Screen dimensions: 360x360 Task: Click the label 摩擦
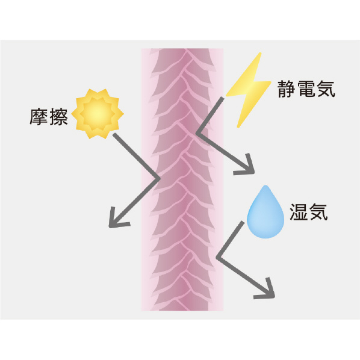pos(49,117)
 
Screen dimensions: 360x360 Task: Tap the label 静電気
pos(306,89)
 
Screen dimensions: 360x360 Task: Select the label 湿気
pos(308,212)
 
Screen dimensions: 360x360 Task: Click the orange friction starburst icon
pos(98,114)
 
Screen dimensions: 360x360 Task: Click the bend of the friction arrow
pos(159,178)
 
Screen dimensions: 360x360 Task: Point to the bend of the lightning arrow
pos(197,133)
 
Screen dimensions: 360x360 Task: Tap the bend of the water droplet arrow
pos(217,257)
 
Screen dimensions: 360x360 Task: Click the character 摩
pos(39,117)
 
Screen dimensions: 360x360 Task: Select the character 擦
pos(58,117)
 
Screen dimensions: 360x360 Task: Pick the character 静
pos(287,89)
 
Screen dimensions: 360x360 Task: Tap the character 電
pos(306,89)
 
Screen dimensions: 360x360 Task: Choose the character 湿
pos(299,212)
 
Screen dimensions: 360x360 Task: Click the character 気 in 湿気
pos(318,212)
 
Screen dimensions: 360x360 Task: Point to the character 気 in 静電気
pos(326,89)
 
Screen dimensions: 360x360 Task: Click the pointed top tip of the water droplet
pos(265,185)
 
